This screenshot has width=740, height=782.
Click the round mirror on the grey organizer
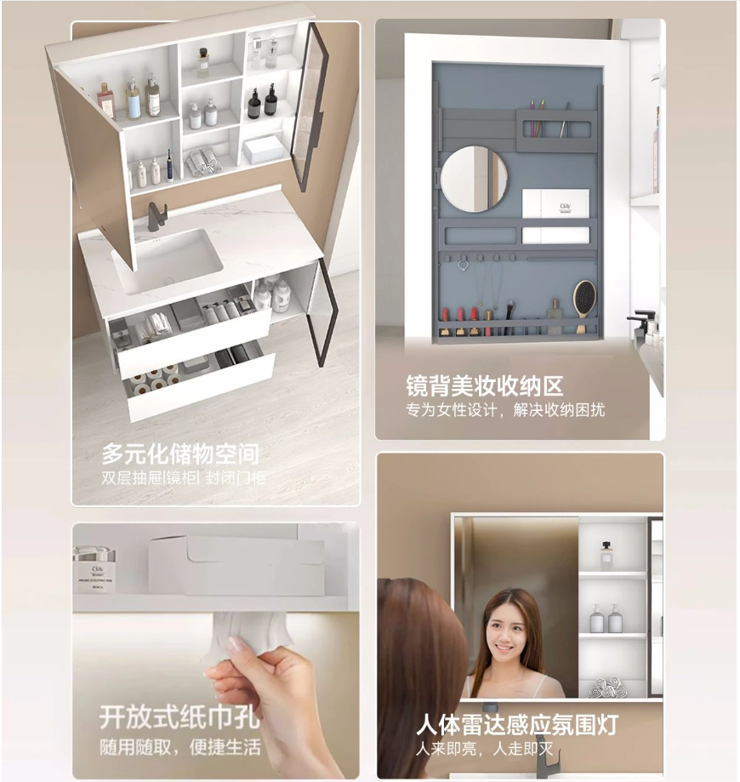coord(474,179)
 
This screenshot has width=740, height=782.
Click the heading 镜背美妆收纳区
coord(484,386)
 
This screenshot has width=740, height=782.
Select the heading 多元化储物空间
coord(180,454)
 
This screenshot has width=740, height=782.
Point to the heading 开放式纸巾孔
coord(179,717)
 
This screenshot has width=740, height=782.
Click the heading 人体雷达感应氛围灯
coord(518,724)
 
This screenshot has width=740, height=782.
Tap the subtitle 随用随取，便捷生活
coord(180,747)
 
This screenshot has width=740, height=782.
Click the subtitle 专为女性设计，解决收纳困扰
coord(505,410)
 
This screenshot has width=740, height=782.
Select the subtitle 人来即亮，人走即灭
coord(485,749)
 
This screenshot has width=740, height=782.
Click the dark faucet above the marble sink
coord(157,216)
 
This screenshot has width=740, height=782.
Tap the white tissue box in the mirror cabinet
coord(264,149)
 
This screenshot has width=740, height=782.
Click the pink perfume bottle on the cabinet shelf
coord(105,100)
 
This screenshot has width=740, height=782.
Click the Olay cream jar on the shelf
coord(94,569)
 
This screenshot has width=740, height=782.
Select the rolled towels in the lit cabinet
coord(608,688)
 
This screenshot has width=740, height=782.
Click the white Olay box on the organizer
coord(555,203)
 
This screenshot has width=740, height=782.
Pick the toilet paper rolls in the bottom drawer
coord(155,380)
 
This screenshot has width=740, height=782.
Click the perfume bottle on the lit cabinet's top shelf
coord(606,555)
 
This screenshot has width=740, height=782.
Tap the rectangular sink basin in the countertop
coord(167,260)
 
